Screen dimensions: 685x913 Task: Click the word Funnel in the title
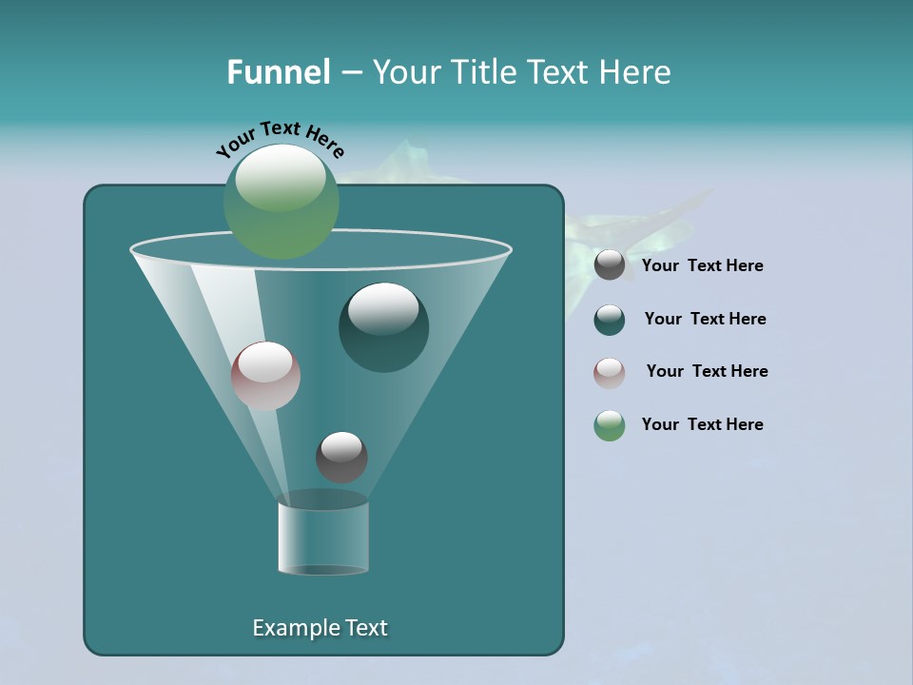coord(278,72)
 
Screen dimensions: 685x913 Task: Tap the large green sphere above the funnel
coord(282,201)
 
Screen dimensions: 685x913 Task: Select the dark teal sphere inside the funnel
coord(384,328)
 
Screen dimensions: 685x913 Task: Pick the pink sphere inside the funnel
coord(265,376)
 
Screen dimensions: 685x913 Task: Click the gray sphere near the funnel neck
coord(341,457)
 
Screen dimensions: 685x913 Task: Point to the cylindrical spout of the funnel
coord(323,538)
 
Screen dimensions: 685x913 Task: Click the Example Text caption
coord(320,628)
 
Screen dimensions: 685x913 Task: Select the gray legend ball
coord(610,265)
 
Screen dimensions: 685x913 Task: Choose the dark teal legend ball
coord(610,320)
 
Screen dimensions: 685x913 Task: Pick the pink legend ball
coord(610,372)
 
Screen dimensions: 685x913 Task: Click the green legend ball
coord(610,425)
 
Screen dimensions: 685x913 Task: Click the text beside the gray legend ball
coord(702,266)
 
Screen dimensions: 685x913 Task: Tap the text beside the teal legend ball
coord(705,320)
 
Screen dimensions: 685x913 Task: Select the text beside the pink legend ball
coord(707,372)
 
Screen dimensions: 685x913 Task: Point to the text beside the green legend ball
coord(702,425)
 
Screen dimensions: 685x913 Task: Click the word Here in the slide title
coord(636,72)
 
